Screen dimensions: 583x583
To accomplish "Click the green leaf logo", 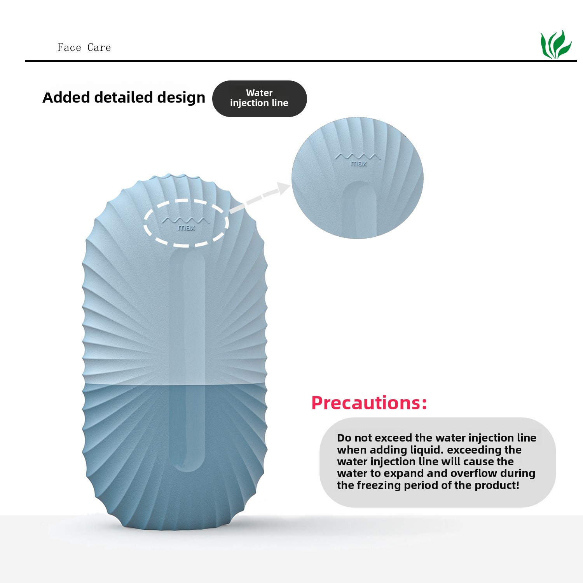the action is [556, 45].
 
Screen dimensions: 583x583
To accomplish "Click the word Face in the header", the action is [69, 47].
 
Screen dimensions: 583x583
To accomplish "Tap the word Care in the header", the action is [99, 47].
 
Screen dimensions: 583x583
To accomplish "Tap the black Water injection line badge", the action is [259, 98].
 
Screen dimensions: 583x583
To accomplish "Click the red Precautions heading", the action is [369, 403].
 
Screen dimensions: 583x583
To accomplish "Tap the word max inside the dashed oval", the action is [186, 228].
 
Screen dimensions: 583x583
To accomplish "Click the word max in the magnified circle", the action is [358, 164].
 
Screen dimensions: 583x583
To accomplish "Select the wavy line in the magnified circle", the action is [358, 156].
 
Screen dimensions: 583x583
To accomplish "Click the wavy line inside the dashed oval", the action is [186, 220].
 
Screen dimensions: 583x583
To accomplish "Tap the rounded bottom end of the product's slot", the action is [188, 464].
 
